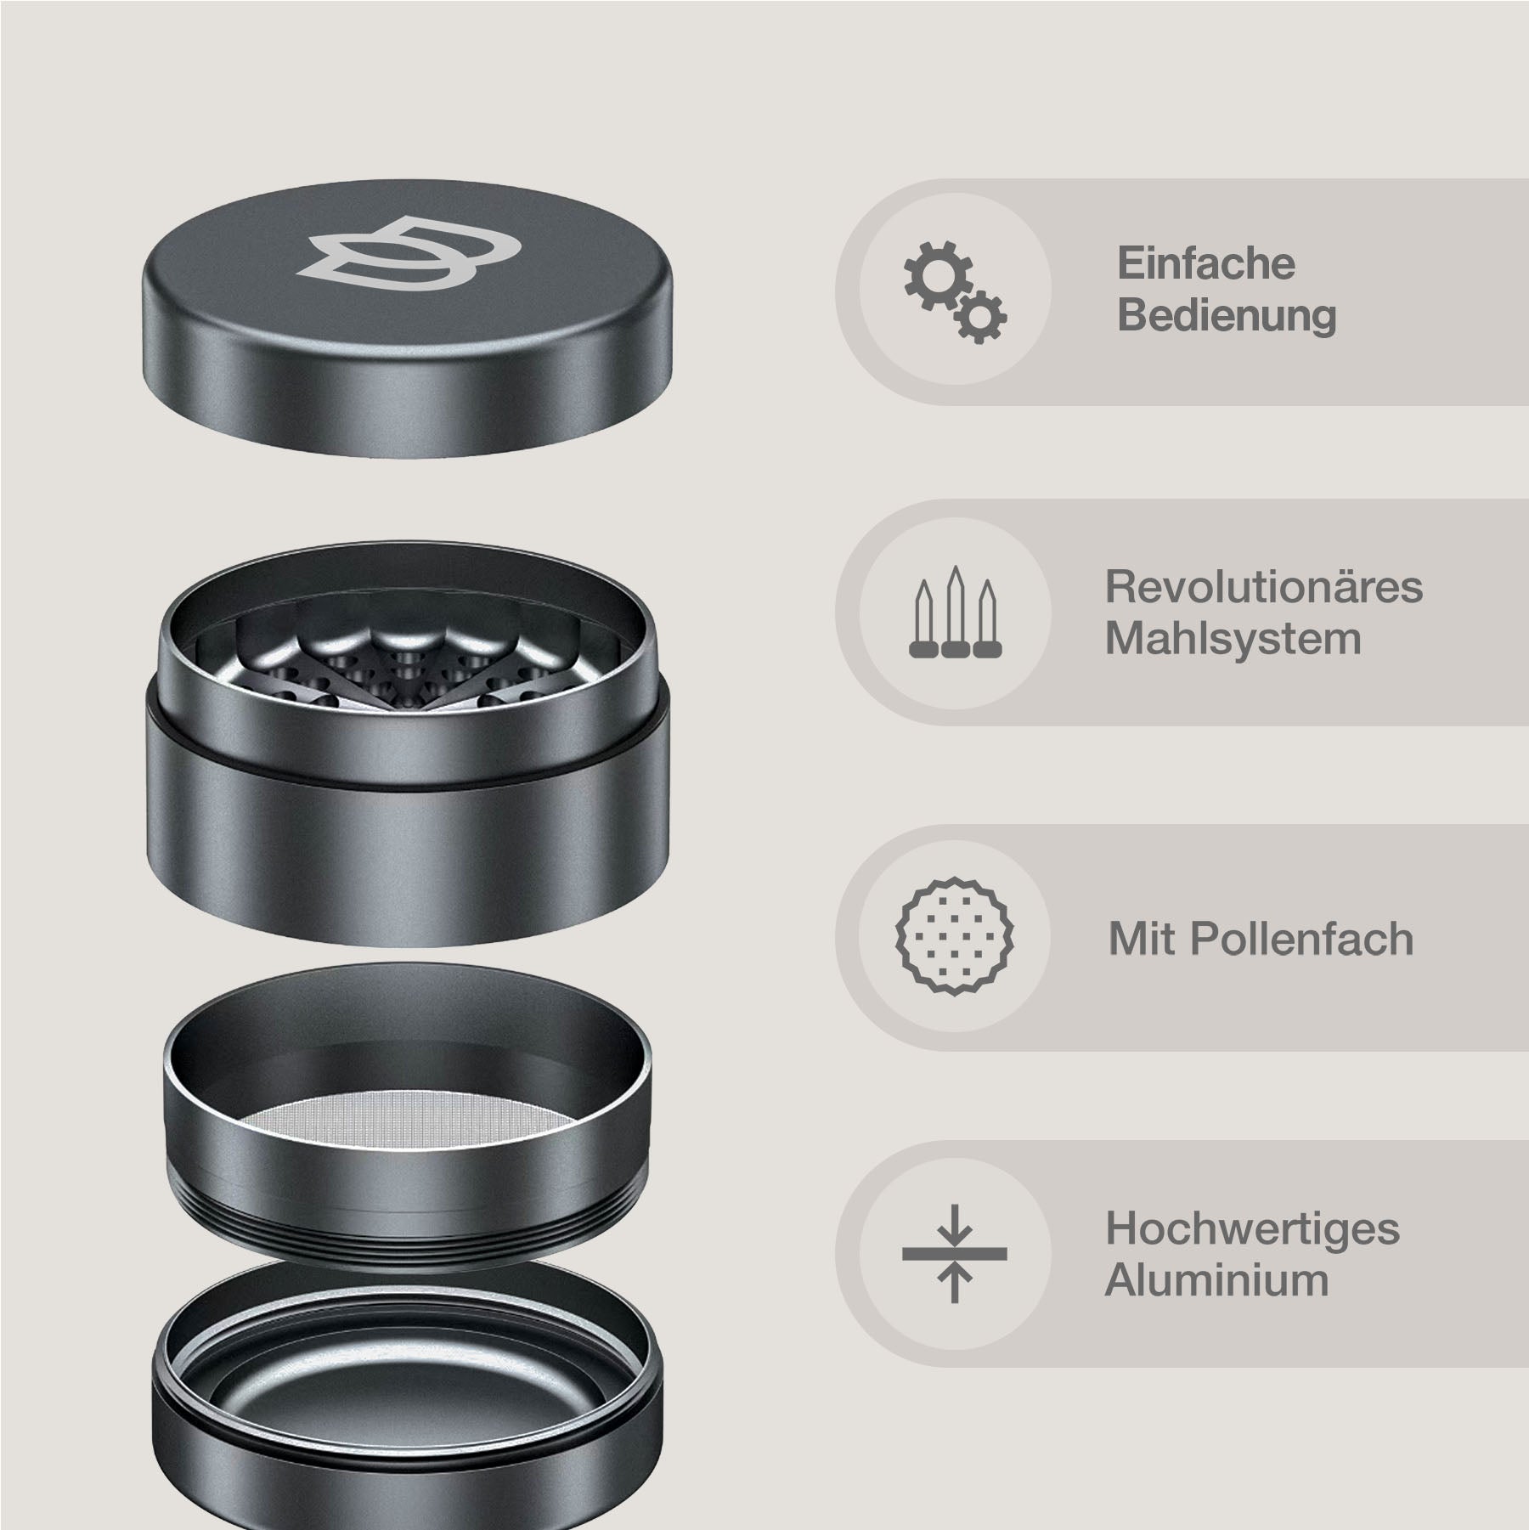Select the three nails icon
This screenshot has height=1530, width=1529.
pos(955,613)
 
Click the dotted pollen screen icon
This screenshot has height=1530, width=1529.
pos(955,937)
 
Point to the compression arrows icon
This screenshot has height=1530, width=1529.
pos(955,1253)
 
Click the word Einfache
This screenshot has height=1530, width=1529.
pos(1205,263)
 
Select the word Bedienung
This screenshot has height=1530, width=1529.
pos(1226,315)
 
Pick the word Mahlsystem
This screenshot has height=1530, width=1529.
pos(1233,639)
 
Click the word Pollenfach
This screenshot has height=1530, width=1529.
pos(1300,940)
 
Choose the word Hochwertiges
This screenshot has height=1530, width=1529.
pos(1252,1228)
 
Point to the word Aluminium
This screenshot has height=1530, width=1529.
pos(1216,1280)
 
